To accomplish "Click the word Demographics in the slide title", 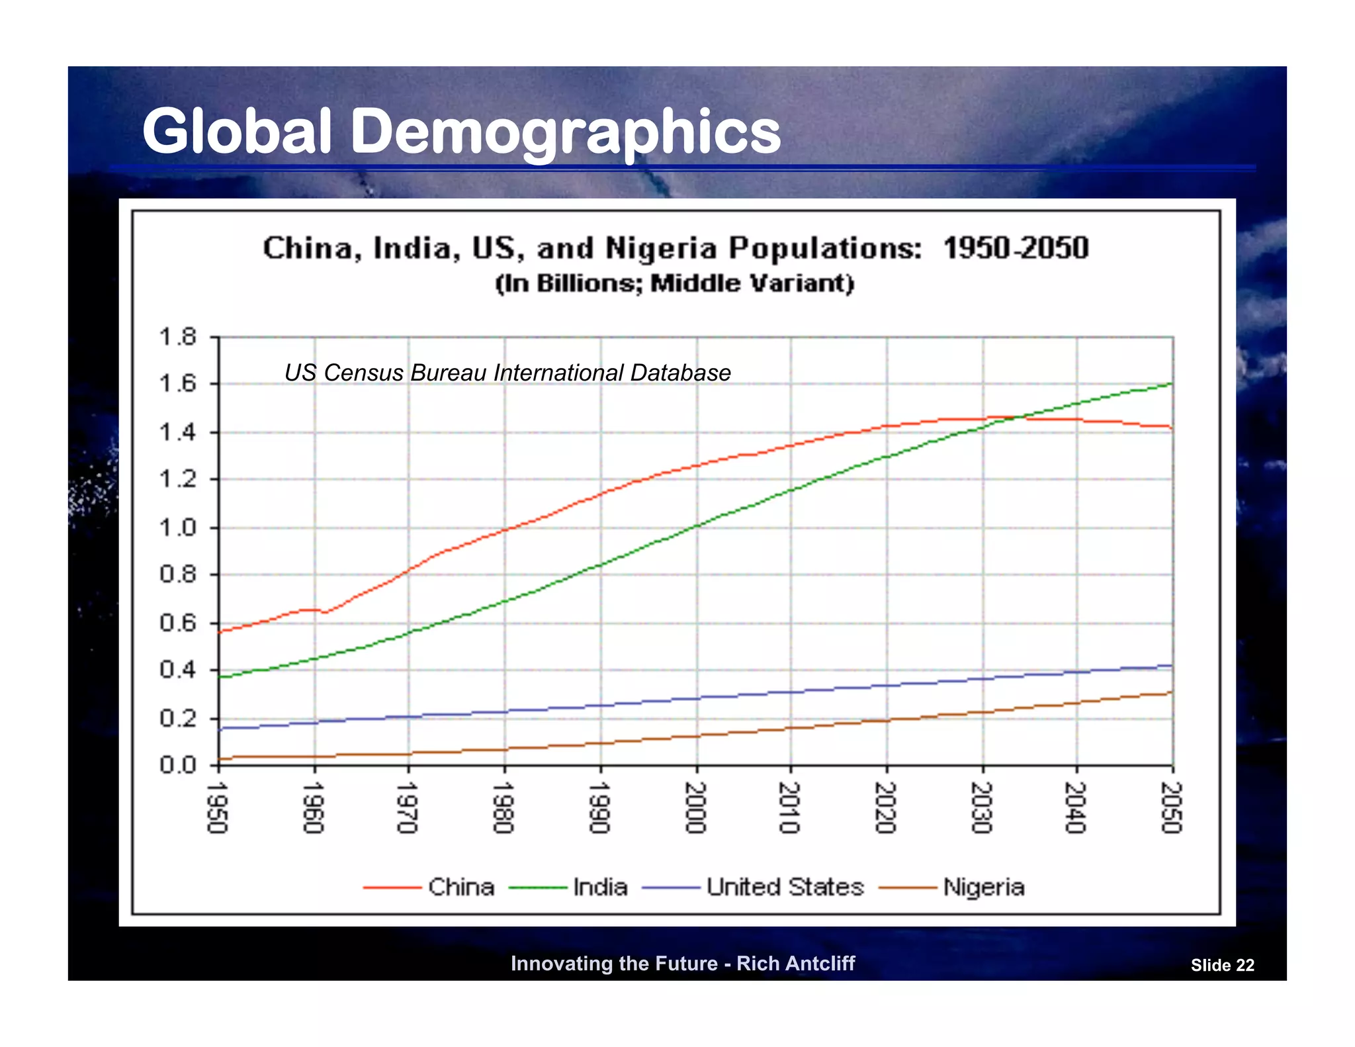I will pyautogui.click(x=566, y=132).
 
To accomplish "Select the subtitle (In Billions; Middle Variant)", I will pyautogui.click(x=675, y=283).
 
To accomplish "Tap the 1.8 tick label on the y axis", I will pyautogui.click(x=178, y=337).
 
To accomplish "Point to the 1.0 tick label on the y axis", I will pyautogui.click(x=178, y=528).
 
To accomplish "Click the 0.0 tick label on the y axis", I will pyautogui.click(x=178, y=766).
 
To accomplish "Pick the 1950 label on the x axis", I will pyautogui.click(x=218, y=807).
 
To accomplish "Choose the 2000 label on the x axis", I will pyautogui.click(x=696, y=807).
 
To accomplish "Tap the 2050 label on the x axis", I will pyautogui.click(x=1172, y=807).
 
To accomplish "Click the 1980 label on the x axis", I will pyautogui.click(x=504, y=807).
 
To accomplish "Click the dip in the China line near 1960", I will pyautogui.click(x=324, y=612).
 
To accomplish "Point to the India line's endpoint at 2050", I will pyautogui.click(x=1172, y=384).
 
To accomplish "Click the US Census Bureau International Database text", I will pyautogui.click(x=507, y=373).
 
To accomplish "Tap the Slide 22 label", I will pyautogui.click(x=1222, y=966).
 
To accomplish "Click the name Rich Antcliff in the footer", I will pyautogui.click(x=795, y=964).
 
